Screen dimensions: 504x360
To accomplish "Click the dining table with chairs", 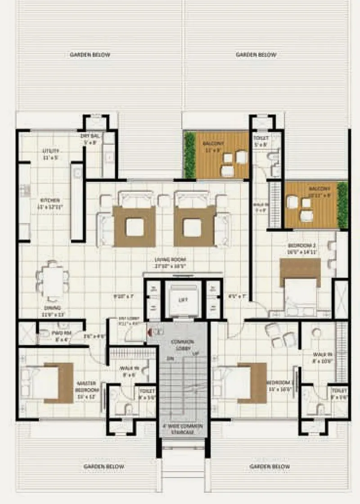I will point(53,281).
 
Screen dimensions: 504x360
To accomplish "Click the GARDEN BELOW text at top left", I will point(90,55).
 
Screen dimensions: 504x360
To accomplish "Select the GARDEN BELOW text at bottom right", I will point(270,467).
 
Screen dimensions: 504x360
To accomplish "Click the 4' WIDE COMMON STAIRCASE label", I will point(183,428).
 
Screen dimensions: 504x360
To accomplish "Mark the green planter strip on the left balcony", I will point(190,155).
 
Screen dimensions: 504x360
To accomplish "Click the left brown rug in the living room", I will point(135,226).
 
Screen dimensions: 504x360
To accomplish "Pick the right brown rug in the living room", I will point(194,226).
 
